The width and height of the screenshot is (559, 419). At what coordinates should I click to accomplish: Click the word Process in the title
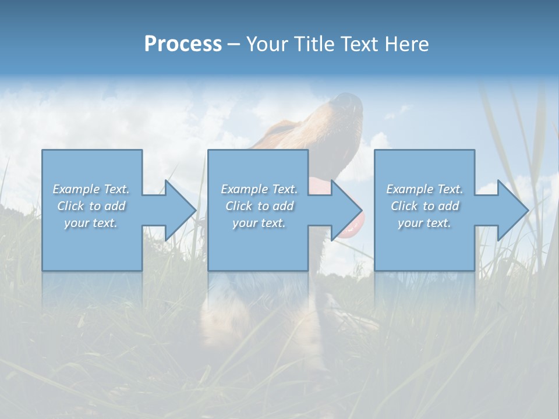183,44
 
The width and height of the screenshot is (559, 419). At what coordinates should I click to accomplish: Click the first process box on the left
92,244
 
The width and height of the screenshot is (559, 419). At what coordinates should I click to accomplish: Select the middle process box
258,244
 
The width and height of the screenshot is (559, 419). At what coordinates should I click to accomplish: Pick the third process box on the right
424,244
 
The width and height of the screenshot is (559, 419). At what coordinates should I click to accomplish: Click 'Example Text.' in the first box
91,189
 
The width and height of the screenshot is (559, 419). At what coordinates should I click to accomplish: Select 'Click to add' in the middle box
259,206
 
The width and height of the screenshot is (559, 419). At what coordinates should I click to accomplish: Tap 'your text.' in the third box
424,223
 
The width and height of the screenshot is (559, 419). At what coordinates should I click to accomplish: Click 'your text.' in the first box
91,223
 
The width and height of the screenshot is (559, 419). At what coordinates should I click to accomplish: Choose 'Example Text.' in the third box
424,189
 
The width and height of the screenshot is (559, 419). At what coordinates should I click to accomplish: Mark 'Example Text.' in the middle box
259,189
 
